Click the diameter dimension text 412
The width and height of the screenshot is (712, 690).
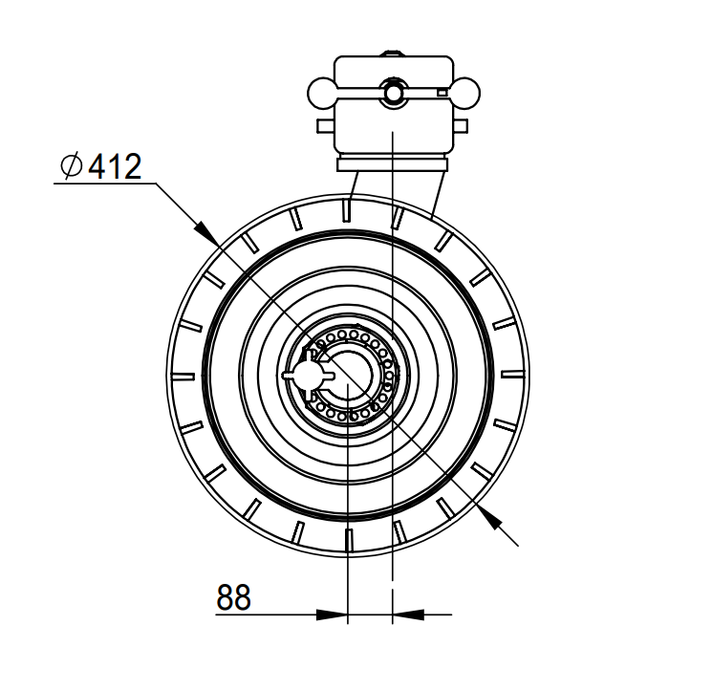coord(115,166)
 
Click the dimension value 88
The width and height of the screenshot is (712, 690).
coord(233,597)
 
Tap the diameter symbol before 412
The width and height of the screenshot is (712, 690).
coord(72,165)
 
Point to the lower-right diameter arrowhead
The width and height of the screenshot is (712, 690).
coord(490,518)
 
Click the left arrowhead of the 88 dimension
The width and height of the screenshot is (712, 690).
coord(332,615)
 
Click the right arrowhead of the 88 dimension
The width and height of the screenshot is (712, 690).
coord(408,615)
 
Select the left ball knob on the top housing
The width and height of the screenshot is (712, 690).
coord(321,93)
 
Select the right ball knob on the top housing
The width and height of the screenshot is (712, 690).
coord(465,93)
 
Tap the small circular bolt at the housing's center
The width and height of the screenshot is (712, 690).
coord(393,93)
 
